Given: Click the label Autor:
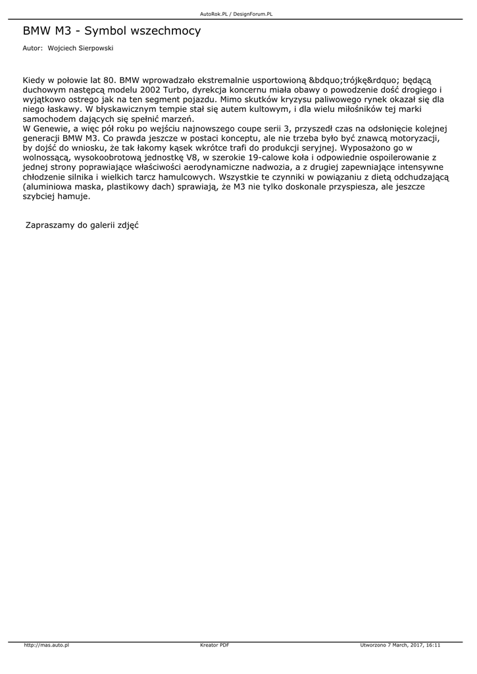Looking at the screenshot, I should pyautogui.click(x=32, y=48).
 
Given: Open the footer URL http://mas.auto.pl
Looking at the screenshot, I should pyautogui.click(x=46, y=645).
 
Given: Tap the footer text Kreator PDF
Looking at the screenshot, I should pyautogui.click(x=214, y=645).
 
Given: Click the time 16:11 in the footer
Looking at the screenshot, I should pyautogui.click(x=432, y=645).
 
